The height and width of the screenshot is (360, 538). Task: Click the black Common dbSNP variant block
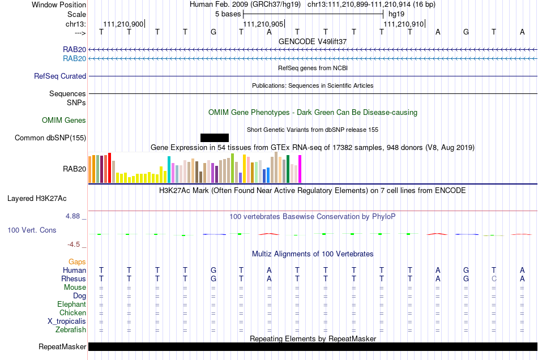tap(215, 138)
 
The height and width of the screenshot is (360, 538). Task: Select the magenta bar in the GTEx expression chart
tap(300, 169)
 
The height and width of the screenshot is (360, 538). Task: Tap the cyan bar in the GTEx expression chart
tap(169, 169)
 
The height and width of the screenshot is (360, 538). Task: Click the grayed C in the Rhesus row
tap(494, 278)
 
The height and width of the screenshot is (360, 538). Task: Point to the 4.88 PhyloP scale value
tap(72, 216)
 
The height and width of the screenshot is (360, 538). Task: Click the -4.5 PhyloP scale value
tap(74, 244)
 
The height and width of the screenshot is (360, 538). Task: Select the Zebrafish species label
tap(71, 329)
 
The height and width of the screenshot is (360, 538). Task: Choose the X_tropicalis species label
tap(67, 322)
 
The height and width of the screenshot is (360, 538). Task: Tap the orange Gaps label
tap(77, 262)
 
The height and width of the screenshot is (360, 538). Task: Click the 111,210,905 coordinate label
tap(263, 24)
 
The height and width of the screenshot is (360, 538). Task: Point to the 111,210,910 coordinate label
tap(403, 24)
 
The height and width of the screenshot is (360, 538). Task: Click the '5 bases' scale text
tap(228, 14)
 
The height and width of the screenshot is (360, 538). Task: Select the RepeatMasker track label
tap(62, 346)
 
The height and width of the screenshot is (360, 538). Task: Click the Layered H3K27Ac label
tap(37, 199)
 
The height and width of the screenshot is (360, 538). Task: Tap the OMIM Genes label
tap(64, 121)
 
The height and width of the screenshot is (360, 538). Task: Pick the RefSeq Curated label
tap(60, 76)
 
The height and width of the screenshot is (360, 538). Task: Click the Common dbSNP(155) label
tap(50, 138)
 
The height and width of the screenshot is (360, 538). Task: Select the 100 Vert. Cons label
tap(32, 230)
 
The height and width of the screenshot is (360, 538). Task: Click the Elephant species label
tap(72, 304)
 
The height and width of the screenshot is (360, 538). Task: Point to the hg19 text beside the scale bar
tap(396, 14)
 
